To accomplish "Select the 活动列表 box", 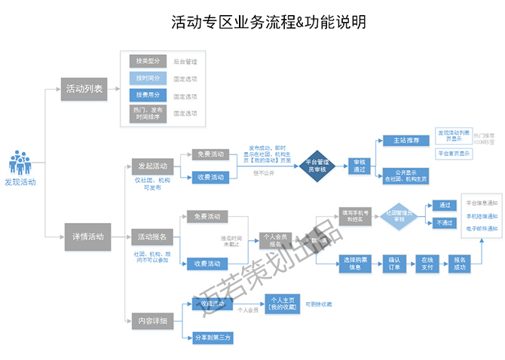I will pyautogui.click(x=84, y=88).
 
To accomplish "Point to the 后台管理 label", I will pyautogui.click(x=185, y=62).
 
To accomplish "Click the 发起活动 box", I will pyautogui.click(x=150, y=166).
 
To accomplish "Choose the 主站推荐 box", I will pyautogui.click(x=406, y=140).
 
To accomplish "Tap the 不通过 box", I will pyautogui.click(x=443, y=223).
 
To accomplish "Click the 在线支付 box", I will pyautogui.click(x=428, y=263).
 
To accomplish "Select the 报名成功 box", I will pyautogui.click(x=461, y=263).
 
